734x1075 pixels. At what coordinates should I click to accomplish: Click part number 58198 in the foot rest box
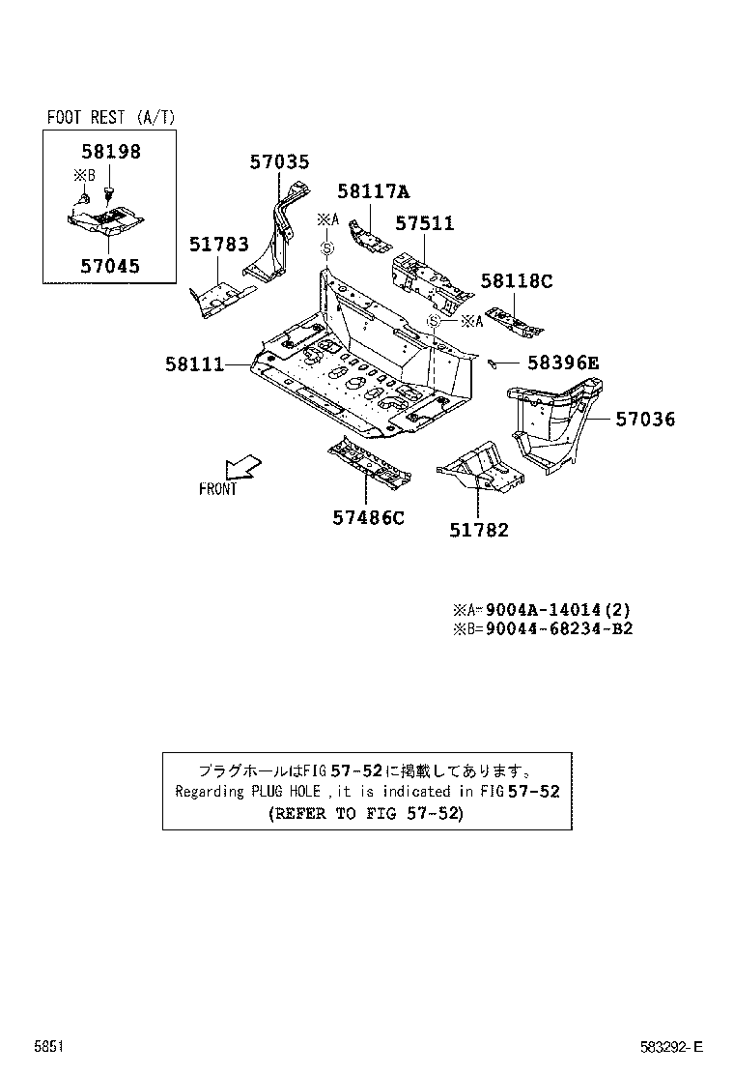109,152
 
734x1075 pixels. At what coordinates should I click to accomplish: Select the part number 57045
108,265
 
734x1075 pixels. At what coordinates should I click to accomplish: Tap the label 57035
279,162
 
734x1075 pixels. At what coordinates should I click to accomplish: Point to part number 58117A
373,191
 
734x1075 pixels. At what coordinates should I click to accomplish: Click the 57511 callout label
424,224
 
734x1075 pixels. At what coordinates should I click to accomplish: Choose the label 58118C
516,281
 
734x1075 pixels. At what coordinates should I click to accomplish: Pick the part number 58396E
562,363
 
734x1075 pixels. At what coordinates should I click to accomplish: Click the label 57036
645,420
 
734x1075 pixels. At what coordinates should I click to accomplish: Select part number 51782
478,530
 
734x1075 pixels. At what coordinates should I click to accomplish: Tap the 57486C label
368,518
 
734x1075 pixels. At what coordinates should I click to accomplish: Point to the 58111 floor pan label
194,364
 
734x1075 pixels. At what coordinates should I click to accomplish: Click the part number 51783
218,246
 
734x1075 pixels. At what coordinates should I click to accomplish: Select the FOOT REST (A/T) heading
111,117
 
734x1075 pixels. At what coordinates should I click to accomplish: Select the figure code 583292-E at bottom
672,1046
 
